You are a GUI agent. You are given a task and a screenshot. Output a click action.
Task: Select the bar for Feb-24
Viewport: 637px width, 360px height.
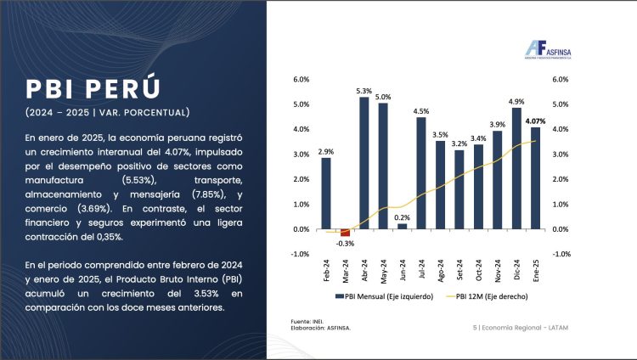326,194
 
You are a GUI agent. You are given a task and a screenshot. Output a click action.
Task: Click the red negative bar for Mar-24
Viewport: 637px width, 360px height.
345,233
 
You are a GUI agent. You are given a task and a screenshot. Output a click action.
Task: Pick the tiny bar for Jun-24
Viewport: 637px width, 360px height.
402,227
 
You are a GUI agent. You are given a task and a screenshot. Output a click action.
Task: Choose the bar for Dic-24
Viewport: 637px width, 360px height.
516,168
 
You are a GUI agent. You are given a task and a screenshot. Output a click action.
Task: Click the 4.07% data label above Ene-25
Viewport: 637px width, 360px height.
536,121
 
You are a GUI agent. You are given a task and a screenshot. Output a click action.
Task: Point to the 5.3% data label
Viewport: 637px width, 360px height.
364,91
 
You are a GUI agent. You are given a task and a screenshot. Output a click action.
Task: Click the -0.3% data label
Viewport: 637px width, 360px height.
345,244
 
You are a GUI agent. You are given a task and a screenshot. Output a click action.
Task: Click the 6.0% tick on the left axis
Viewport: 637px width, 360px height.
301,80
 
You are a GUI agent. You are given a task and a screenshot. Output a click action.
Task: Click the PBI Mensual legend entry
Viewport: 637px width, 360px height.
385,296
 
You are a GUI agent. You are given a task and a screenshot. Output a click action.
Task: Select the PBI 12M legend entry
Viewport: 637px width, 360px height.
482,296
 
